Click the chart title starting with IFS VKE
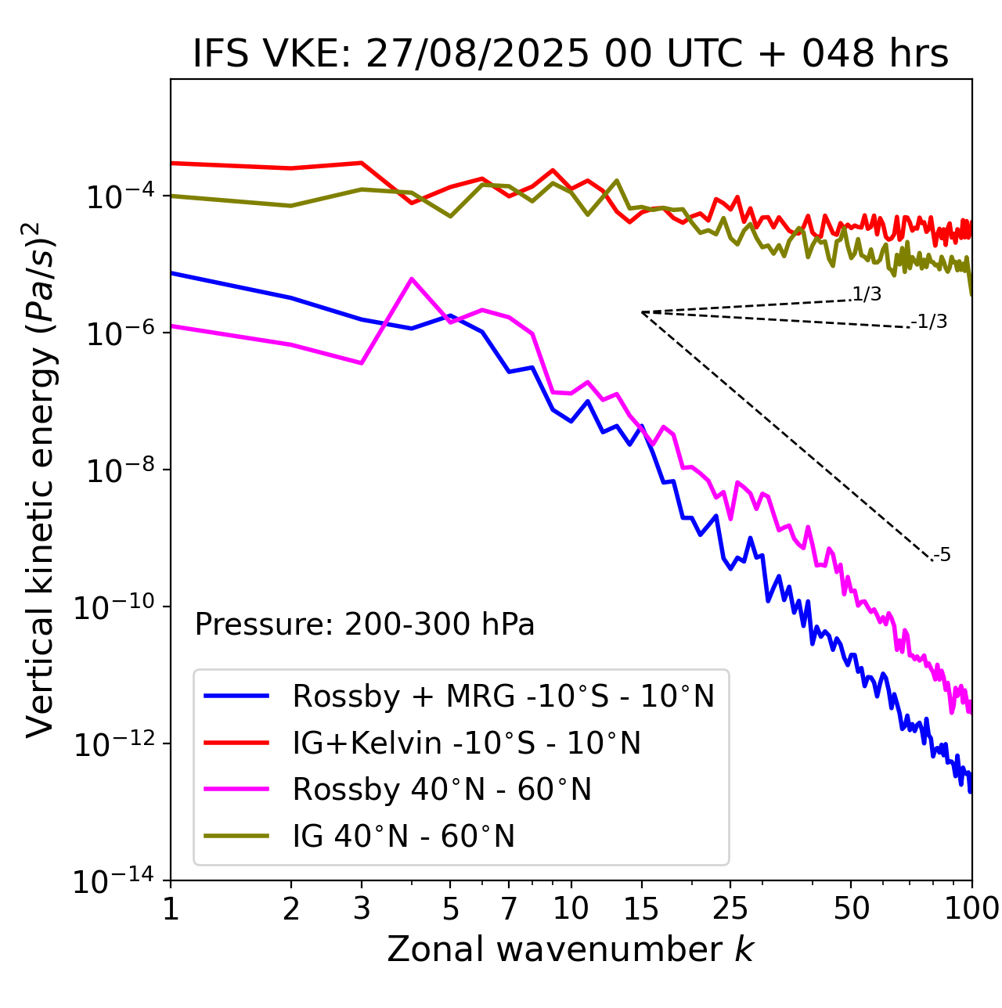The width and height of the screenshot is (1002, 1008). coord(571,54)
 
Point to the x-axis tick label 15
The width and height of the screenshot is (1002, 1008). coord(641,909)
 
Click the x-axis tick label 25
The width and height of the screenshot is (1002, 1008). coord(730,909)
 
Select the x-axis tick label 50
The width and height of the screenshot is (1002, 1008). coord(851,909)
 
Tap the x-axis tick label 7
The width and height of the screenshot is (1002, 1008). coord(509,909)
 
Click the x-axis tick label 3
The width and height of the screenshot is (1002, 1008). coord(362,909)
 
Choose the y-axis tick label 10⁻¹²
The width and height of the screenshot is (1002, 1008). coord(113,745)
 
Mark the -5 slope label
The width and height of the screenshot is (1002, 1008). coord(942,556)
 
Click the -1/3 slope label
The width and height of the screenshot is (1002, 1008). coord(929,322)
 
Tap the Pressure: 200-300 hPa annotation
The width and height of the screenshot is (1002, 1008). coord(364,625)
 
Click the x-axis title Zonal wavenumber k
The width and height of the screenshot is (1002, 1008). coord(571,949)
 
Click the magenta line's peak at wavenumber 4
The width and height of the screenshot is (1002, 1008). coord(412,279)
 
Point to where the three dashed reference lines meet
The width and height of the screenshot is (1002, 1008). coord(642,312)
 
